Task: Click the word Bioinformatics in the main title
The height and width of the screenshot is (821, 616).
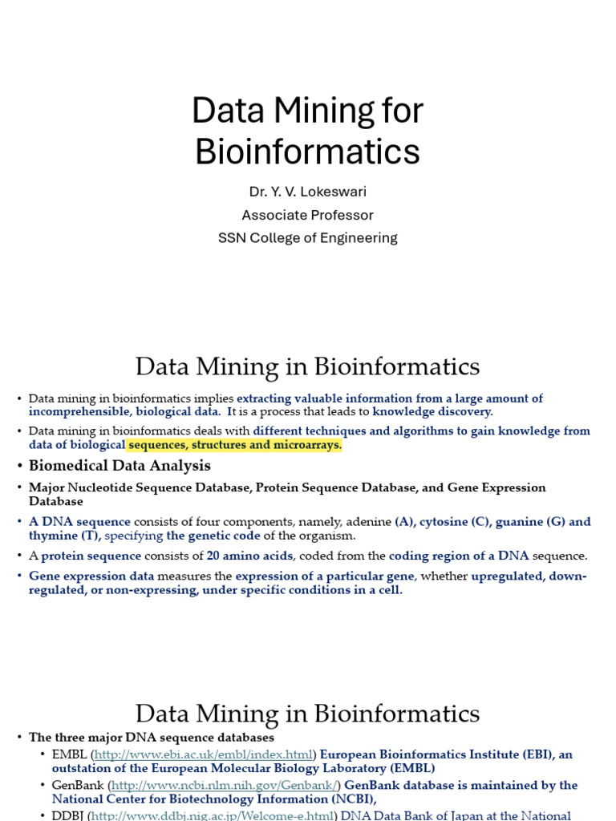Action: pos(307,151)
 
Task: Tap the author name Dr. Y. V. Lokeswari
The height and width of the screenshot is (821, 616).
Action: pos(307,193)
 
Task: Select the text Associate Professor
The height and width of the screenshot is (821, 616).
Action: pos(307,215)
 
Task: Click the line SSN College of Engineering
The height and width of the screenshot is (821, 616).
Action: pos(307,237)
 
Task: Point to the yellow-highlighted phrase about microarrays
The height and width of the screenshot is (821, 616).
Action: pos(234,445)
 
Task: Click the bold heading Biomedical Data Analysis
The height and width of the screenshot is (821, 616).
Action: pos(120,466)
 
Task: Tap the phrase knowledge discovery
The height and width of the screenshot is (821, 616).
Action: pos(432,411)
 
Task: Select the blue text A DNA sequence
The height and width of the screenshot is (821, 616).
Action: pos(79,522)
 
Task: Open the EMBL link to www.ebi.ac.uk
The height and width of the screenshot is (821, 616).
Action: pos(205,754)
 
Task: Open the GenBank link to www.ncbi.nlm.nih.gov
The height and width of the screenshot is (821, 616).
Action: pos(225,786)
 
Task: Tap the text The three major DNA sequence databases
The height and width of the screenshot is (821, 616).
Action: pos(152,738)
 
